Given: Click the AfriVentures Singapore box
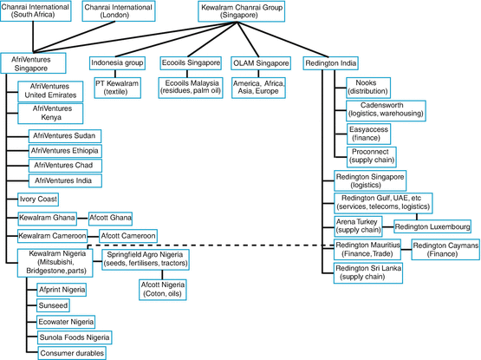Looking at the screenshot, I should (32, 63).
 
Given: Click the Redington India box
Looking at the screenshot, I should (338, 63).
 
